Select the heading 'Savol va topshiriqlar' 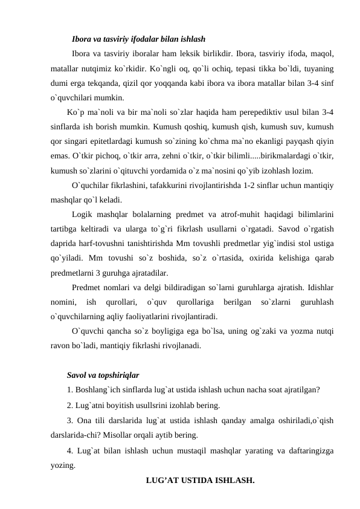[x=103, y=375]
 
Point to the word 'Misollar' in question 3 [x=121, y=435]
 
